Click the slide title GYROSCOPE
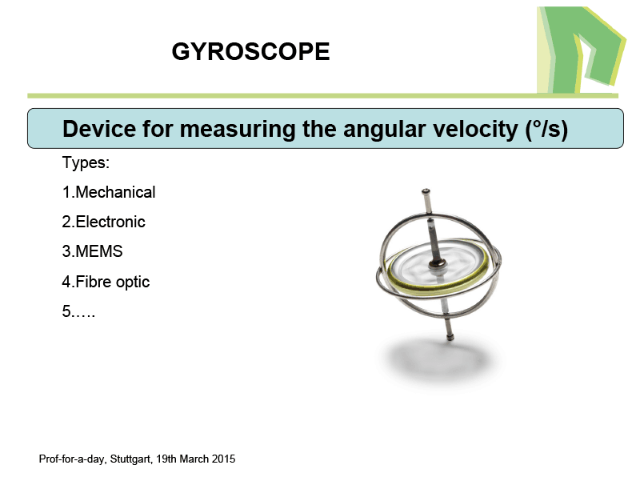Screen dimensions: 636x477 [x=250, y=51]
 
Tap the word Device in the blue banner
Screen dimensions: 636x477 [x=99, y=129]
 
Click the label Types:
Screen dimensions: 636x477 [x=86, y=162]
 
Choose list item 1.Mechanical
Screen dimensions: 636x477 [x=109, y=192]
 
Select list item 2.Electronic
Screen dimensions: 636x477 [x=104, y=222]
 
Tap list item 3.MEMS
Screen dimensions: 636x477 [x=93, y=251]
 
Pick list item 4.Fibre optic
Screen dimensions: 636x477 [x=106, y=282]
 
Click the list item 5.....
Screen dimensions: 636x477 [x=78, y=311]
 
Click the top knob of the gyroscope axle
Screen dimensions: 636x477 [x=426, y=191]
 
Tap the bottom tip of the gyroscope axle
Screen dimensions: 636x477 [x=450, y=337]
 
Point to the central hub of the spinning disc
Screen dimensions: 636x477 [x=438, y=264]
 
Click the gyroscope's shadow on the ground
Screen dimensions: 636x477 [x=440, y=360]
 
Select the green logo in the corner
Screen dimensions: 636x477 [x=580, y=50]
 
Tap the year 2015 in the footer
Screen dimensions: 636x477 [x=225, y=459]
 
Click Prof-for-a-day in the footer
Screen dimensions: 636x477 [x=73, y=459]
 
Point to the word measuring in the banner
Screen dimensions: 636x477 [x=238, y=130]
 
